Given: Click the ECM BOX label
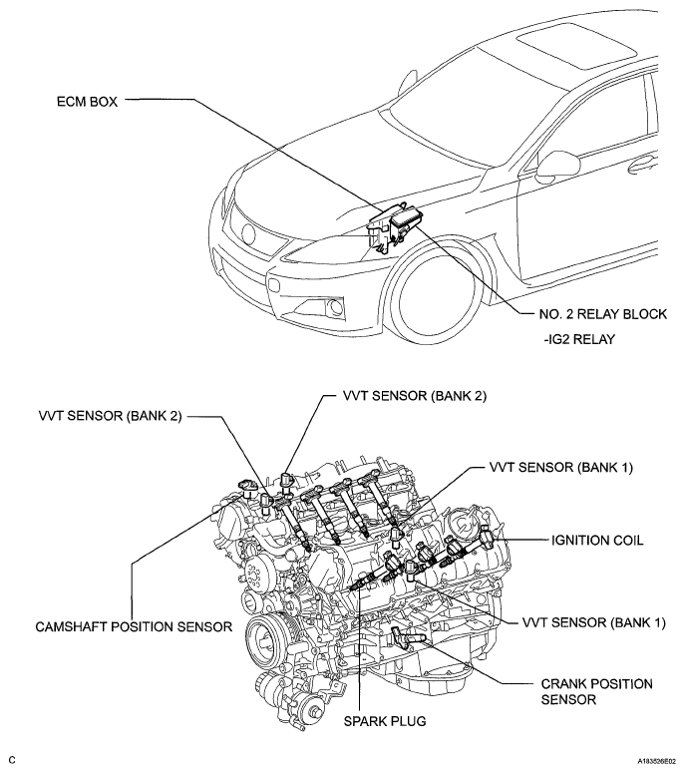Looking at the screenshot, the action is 87,102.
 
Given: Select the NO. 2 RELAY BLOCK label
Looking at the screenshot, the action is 602,314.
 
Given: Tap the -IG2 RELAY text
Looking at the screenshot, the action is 579,339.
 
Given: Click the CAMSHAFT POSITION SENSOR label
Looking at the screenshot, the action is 134,626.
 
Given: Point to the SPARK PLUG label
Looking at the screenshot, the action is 385,721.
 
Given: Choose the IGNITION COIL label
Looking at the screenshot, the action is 597,541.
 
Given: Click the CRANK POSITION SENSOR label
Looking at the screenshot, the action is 597,691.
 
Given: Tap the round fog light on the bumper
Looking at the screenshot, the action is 337,306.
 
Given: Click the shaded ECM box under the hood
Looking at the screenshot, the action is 395,227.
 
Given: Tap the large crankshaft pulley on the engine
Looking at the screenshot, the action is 266,643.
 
